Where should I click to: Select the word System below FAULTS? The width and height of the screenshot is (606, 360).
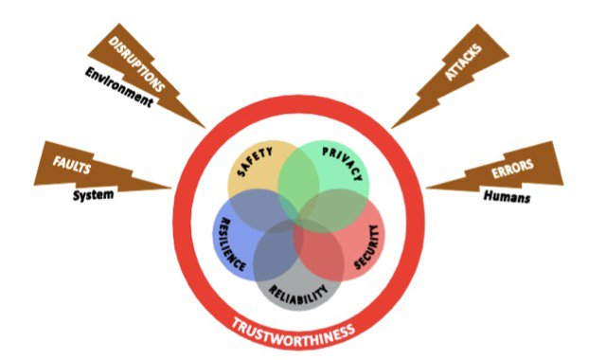tap(94, 196)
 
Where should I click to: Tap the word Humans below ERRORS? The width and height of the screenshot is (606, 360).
tap(506, 198)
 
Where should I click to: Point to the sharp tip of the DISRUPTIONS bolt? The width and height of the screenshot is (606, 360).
tap(205, 127)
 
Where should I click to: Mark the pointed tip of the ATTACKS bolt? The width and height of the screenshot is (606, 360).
tap(392, 127)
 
